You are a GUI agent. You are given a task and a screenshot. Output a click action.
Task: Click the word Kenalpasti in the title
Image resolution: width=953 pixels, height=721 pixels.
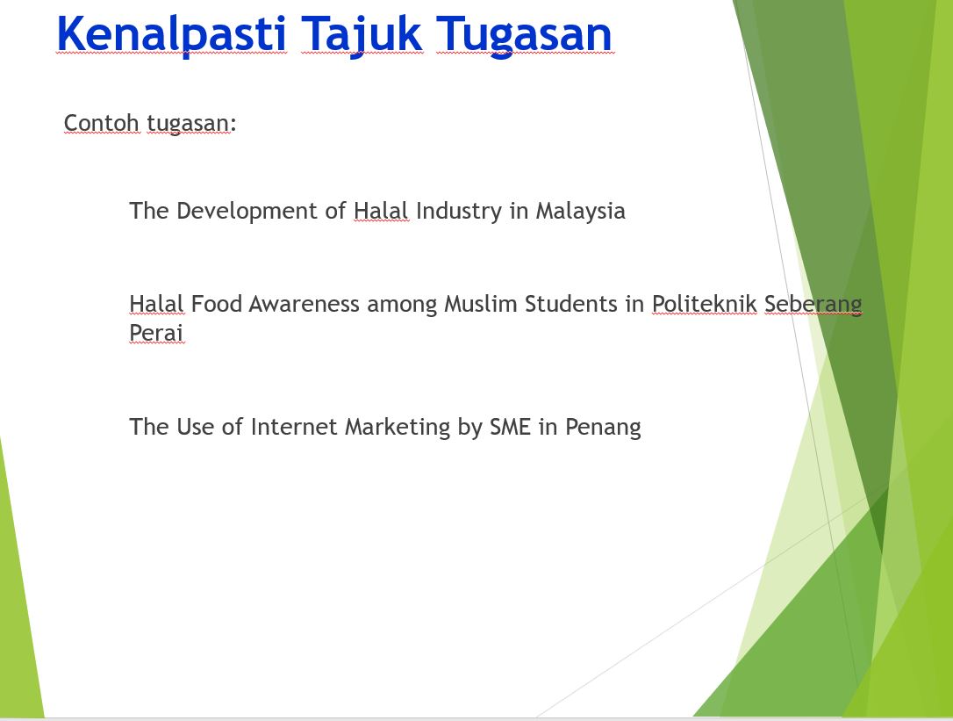(x=171, y=34)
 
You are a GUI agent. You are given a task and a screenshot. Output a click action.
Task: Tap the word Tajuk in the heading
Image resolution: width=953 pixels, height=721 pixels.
(x=362, y=35)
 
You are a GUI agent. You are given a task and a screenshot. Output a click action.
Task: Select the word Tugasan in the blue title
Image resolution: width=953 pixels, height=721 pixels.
(x=524, y=35)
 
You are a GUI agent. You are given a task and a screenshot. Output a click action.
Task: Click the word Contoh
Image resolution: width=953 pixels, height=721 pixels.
(x=102, y=122)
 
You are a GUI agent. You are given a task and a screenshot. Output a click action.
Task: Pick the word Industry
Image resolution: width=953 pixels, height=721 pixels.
(x=459, y=211)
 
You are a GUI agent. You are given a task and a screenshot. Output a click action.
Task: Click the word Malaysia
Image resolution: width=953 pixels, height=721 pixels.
(x=580, y=211)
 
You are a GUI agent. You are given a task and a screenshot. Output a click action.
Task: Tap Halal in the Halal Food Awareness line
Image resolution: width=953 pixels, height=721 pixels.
(x=156, y=304)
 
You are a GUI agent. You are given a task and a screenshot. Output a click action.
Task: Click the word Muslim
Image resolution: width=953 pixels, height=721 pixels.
(x=481, y=304)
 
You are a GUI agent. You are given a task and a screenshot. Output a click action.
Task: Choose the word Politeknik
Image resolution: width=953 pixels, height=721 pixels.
(x=705, y=304)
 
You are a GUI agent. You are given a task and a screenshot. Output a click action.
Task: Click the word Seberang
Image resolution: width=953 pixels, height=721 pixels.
(x=813, y=305)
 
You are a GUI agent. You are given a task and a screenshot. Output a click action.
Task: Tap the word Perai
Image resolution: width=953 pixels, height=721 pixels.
(x=156, y=333)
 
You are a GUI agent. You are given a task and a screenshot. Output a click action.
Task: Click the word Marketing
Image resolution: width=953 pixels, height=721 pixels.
(x=398, y=428)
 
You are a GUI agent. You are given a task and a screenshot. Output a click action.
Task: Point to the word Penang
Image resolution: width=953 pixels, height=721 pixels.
(x=603, y=428)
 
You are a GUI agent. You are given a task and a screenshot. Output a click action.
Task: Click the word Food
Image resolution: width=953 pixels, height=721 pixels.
(x=217, y=304)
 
